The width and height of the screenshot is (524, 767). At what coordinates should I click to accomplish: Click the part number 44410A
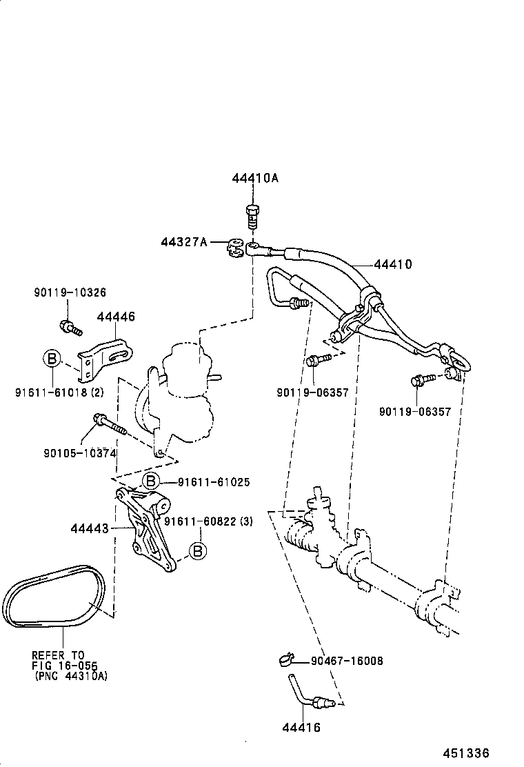pyautogui.click(x=255, y=178)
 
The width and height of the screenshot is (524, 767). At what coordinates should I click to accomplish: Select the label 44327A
pyautogui.click(x=184, y=242)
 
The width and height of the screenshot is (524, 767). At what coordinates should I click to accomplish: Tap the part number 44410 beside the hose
pyautogui.click(x=393, y=264)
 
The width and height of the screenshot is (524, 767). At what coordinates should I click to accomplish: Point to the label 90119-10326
pyautogui.click(x=70, y=292)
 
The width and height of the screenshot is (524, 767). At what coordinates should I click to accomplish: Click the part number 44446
pyautogui.click(x=116, y=317)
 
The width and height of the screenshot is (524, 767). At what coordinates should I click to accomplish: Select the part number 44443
pyautogui.click(x=90, y=529)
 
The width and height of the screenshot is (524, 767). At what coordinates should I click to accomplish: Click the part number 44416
pyautogui.click(x=301, y=727)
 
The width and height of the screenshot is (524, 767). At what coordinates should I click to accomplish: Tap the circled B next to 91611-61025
pyautogui.click(x=151, y=481)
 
